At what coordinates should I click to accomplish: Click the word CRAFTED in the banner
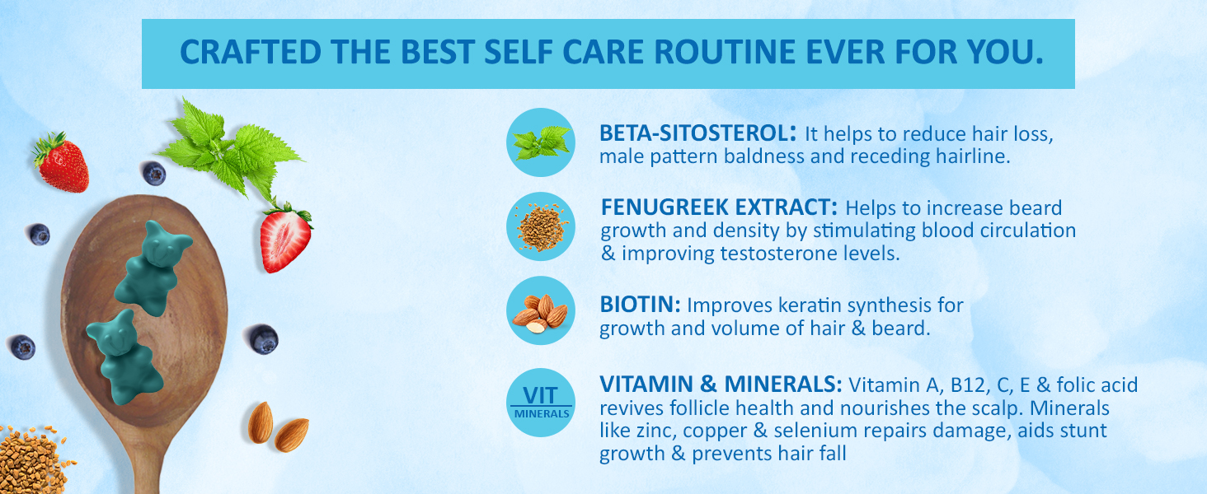tap(250, 52)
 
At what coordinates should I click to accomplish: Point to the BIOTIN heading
tap(640, 304)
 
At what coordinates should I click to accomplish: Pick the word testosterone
tap(789, 254)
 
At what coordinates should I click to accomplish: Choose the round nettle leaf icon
tap(541, 142)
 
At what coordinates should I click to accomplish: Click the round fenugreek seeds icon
tap(541, 226)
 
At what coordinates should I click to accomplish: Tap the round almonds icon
tap(541, 310)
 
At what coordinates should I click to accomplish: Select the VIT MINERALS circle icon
tap(541, 403)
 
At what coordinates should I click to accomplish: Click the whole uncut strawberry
tap(62, 162)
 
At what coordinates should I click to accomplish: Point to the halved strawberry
tap(285, 238)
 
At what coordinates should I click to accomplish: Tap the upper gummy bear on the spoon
tap(152, 268)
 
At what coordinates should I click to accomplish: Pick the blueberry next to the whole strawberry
tap(154, 173)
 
